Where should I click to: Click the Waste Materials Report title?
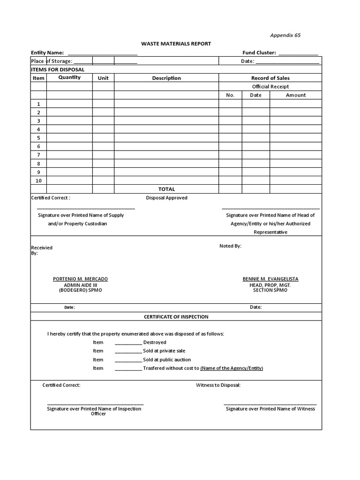pos(176,44)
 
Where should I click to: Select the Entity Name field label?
pos(47,53)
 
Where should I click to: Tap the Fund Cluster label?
pos(259,53)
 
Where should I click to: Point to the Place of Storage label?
pos(52,61)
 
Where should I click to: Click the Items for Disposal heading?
pos(51,69)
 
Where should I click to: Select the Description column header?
pos(166,78)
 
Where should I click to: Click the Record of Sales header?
pos(270,78)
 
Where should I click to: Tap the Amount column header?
pos(295,95)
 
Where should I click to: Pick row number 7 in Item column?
pos(38,155)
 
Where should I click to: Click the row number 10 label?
pos(38,180)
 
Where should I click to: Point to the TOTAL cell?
pos(166,189)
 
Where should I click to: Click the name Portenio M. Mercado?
pos(80,279)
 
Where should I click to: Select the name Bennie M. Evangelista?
pos(270,279)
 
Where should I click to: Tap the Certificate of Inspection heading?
pos(176,317)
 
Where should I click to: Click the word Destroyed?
pos(155,343)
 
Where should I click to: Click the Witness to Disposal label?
pos(218,385)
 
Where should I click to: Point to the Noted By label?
pos(231,246)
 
